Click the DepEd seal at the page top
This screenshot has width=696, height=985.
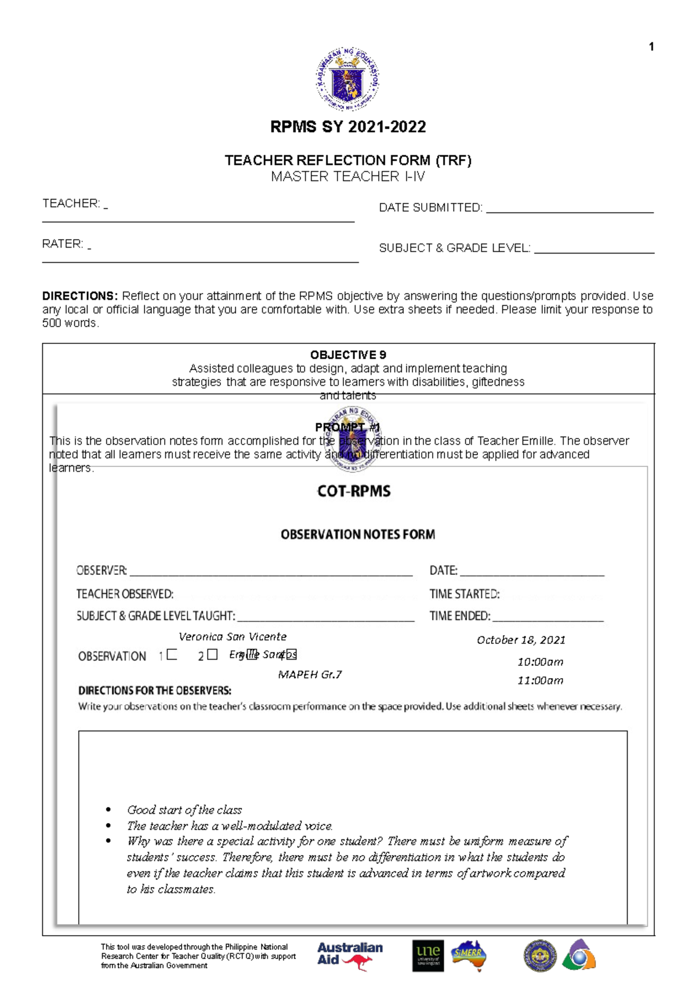coord(347,79)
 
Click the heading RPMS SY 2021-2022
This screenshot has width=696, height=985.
coord(348,127)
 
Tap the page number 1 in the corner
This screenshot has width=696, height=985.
coord(651,47)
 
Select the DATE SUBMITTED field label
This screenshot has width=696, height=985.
coord(430,208)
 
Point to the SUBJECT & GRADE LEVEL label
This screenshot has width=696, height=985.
coord(454,248)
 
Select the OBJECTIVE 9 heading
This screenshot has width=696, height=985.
coord(348,355)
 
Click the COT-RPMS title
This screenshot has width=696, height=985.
coord(354,491)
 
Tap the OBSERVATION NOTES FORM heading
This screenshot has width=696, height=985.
coord(357,534)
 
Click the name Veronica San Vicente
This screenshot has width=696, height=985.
coord(232,636)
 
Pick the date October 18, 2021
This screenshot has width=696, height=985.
coord(520,640)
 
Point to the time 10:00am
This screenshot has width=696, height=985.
coord(540,662)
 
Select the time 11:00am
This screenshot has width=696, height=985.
coord(540,680)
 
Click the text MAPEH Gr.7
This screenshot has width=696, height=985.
coord(310,675)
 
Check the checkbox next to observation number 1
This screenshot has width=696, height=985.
coord(172,655)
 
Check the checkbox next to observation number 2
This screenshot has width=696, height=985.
coord(212,655)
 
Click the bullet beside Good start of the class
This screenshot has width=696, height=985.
coord(108,810)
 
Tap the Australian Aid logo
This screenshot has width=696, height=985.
coord(349,955)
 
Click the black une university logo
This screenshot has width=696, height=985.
coord(428,956)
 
